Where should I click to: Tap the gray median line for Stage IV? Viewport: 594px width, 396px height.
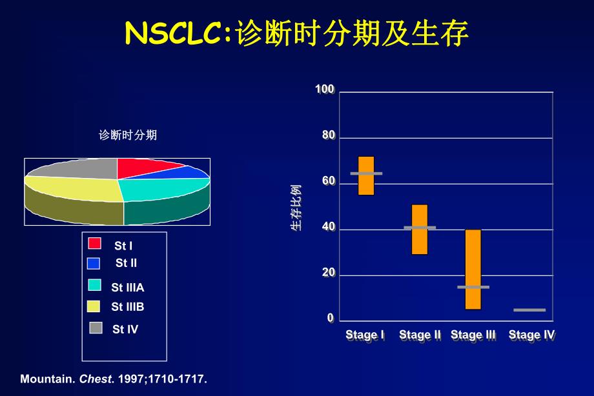529,310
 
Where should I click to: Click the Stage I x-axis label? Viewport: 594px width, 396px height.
365,335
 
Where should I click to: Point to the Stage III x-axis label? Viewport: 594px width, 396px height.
473,335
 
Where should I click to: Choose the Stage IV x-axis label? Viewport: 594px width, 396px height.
531,335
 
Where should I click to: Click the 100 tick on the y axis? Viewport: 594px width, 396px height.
325,90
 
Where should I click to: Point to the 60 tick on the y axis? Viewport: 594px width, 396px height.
329,182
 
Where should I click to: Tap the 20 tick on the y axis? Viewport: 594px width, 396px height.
329,273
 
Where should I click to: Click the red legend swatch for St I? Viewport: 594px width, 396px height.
95,243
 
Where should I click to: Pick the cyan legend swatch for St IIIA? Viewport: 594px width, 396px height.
95,285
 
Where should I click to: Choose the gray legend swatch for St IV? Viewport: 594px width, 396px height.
96,328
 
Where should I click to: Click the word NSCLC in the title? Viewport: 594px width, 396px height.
173,34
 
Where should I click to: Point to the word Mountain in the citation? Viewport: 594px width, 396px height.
47,379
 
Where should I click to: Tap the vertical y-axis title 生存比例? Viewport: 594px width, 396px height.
295,207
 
